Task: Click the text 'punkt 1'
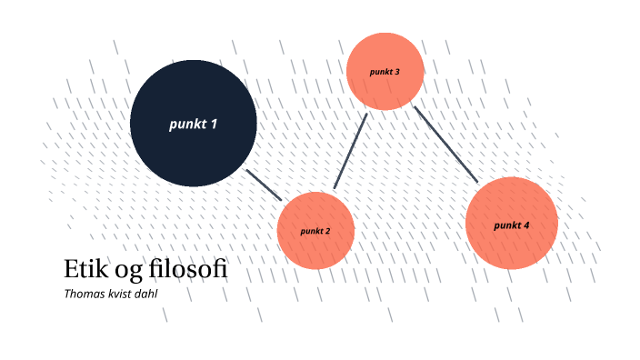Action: (x=193, y=124)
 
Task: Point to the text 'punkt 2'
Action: (x=315, y=231)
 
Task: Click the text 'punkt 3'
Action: (x=385, y=71)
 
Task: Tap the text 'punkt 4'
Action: (x=511, y=225)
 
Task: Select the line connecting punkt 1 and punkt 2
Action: (x=265, y=185)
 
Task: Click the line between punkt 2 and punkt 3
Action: (x=350, y=152)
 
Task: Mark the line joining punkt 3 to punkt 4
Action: (x=445, y=145)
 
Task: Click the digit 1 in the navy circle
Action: (x=214, y=124)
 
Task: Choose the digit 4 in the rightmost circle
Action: (x=526, y=225)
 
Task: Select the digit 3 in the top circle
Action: (x=397, y=71)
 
